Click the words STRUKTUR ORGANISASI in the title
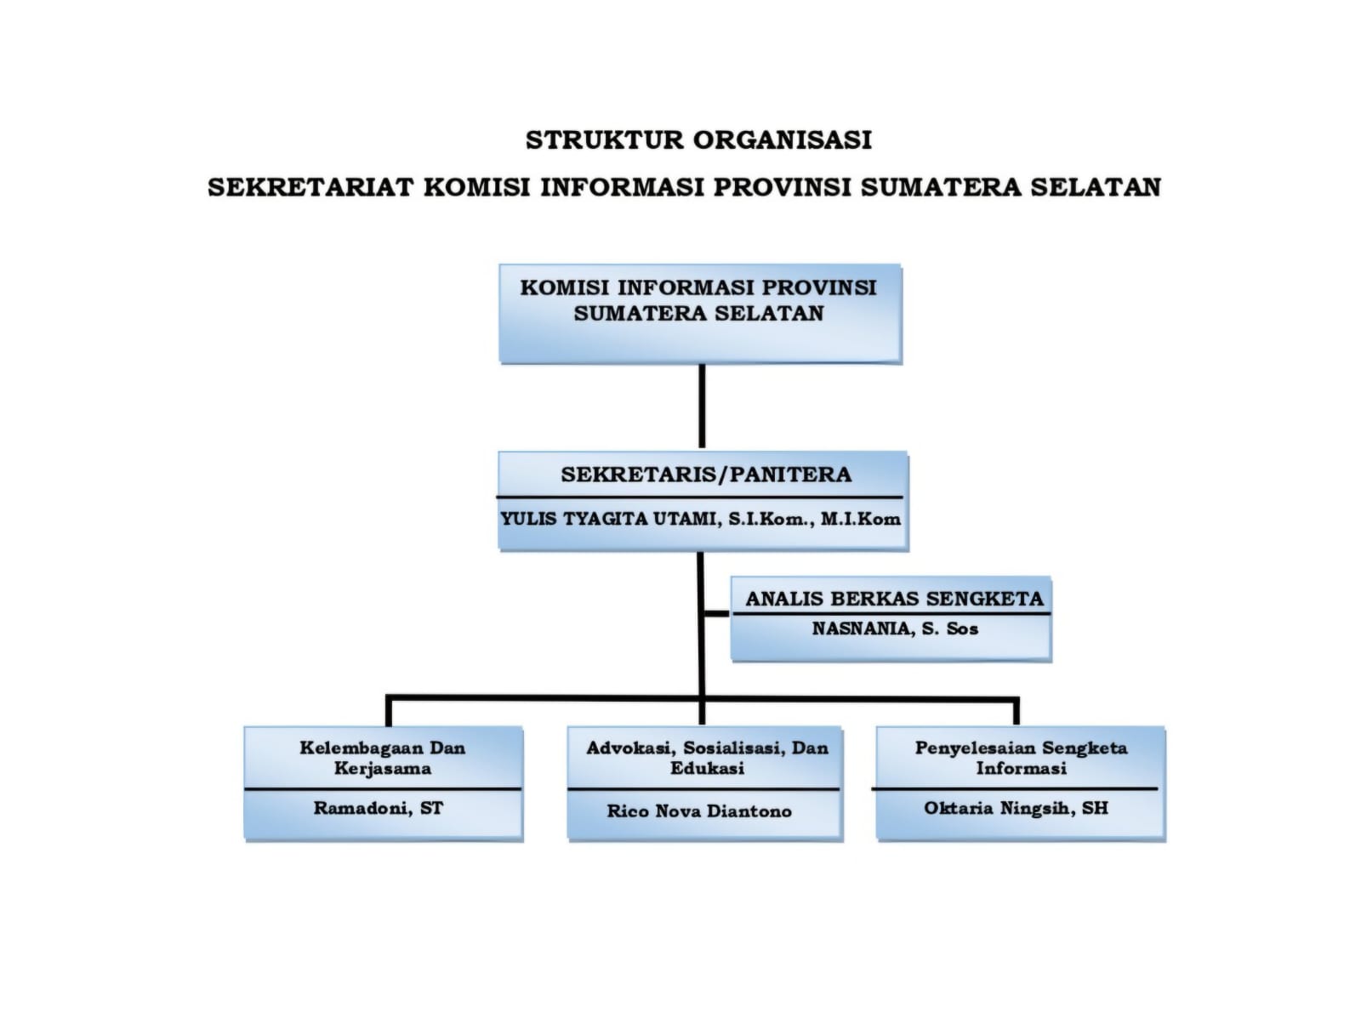698,139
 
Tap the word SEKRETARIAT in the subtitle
310,187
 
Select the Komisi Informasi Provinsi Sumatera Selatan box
699,313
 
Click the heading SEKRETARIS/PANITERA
705,475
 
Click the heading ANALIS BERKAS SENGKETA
894,599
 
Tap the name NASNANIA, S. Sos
895,629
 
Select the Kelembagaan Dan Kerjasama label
383,758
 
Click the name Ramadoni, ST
379,808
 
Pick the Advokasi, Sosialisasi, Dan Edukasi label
707,758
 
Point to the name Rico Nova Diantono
699,811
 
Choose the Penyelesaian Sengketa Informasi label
1021,758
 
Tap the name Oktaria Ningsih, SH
1016,808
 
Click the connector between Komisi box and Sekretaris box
702,407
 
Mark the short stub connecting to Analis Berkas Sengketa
717,612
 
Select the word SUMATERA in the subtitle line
940,187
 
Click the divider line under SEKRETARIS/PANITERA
699,497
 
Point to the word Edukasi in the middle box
707,769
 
